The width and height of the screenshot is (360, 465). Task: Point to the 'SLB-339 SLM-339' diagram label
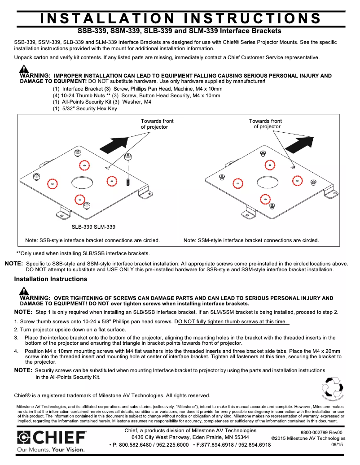click(93, 227)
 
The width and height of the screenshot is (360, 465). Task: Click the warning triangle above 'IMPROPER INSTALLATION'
click(23, 70)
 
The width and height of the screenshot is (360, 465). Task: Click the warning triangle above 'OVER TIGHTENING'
click(23, 291)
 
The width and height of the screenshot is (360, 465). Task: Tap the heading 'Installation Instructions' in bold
click(51, 279)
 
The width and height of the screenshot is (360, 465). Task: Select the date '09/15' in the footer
click(337, 444)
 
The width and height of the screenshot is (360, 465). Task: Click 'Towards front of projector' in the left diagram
click(157, 124)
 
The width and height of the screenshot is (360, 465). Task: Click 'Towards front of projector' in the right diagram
click(266, 124)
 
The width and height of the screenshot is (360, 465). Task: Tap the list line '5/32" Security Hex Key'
click(85, 109)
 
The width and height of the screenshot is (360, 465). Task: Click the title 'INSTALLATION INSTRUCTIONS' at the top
click(180, 18)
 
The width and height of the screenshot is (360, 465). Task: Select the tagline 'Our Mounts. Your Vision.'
click(51, 449)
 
